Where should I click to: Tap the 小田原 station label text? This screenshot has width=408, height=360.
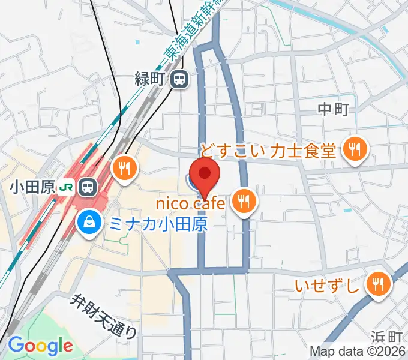[x=32, y=187]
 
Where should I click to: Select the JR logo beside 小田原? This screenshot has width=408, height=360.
[x=67, y=187]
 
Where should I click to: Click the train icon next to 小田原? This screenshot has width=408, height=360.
[x=89, y=187]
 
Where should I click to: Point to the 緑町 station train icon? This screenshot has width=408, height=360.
[x=179, y=79]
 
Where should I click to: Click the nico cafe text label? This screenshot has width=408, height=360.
[x=191, y=204]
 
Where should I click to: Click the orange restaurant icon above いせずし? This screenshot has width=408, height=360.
[x=378, y=284]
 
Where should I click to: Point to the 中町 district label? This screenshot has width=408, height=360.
[x=333, y=109]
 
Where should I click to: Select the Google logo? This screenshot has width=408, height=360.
[x=40, y=346]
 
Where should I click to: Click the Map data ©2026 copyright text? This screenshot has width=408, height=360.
[x=358, y=351]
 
